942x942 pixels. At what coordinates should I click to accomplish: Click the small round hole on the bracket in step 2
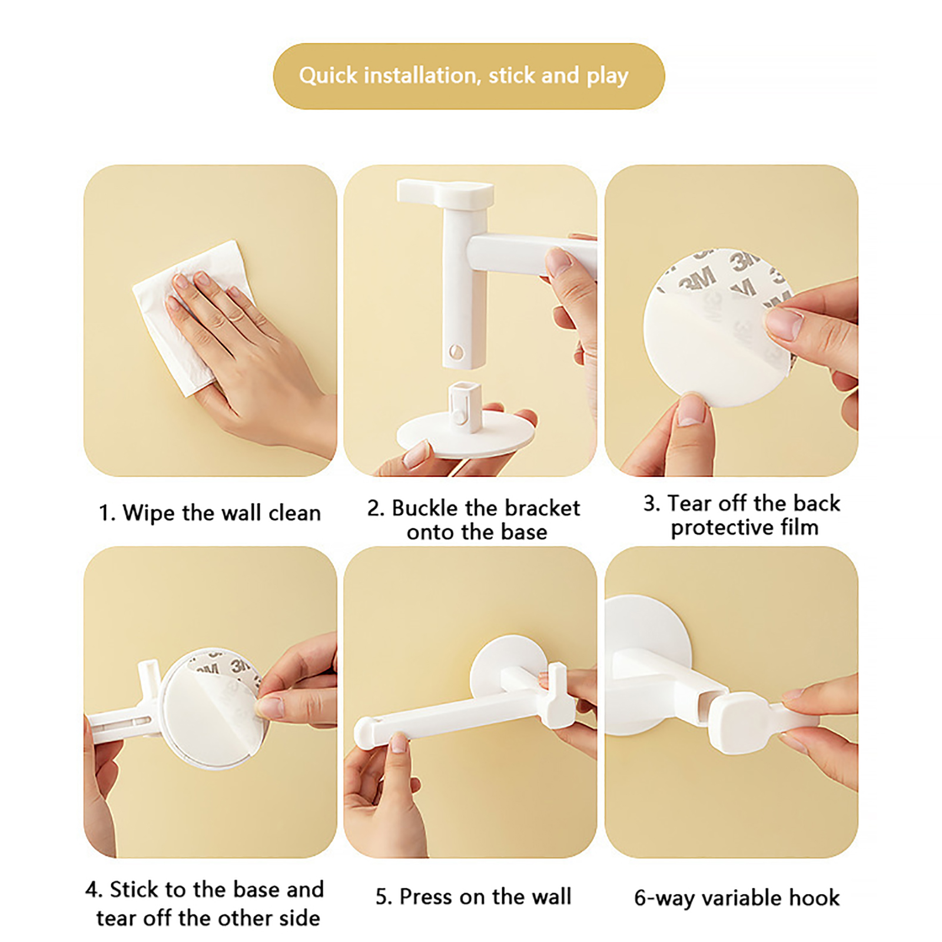tap(456, 352)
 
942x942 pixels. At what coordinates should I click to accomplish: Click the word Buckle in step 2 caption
tap(425, 508)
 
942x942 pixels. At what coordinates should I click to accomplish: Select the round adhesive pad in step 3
tap(718, 327)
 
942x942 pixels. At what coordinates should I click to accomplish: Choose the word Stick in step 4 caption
tap(135, 889)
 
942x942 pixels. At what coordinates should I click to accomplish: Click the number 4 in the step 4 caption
tap(92, 890)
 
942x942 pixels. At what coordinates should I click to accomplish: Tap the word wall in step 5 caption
tap(551, 897)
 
